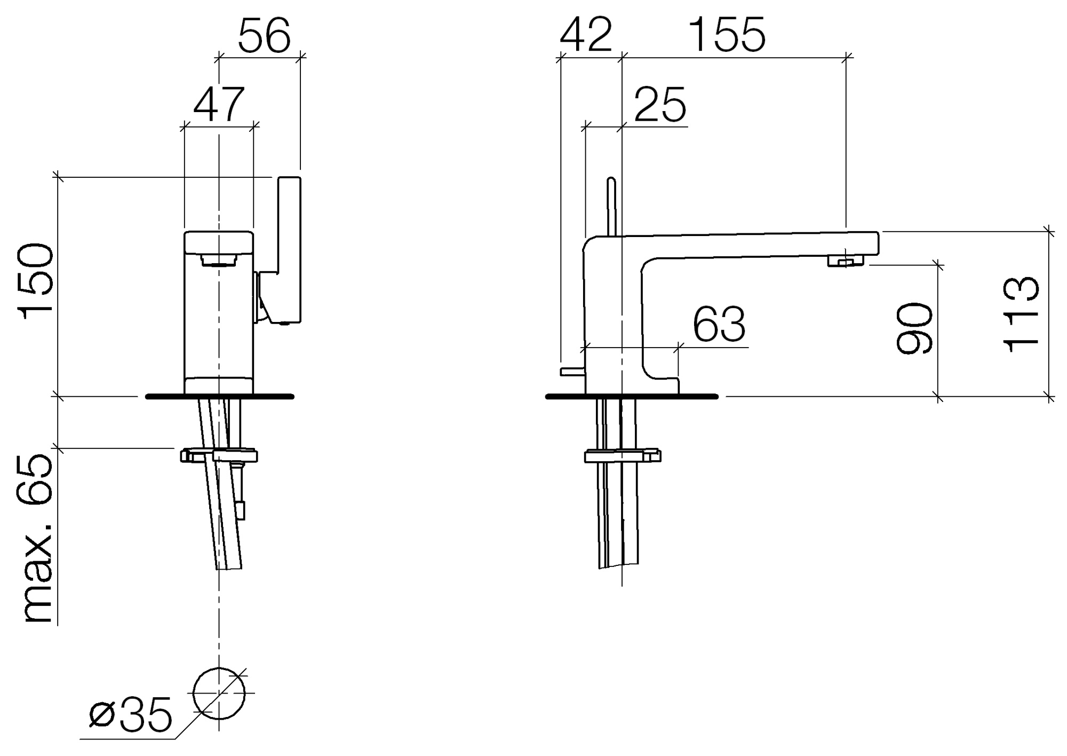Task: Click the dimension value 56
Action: pyautogui.click(x=264, y=36)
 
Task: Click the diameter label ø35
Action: pyautogui.click(x=131, y=714)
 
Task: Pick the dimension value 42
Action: pyautogui.click(x=586, y=35)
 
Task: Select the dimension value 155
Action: pyautogui.click(x=727, y=35)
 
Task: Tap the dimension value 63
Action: pyautogui.click(x=719, y=324)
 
